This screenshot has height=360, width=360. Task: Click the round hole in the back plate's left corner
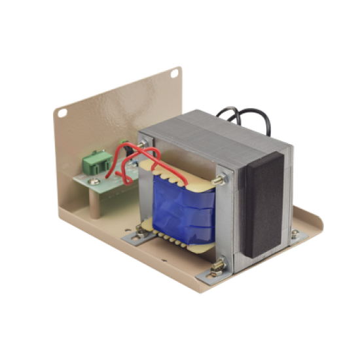(x=63, y=113)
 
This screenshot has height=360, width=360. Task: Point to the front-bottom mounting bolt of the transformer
(x=218, y=266)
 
